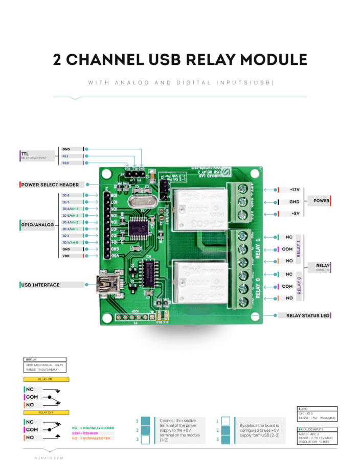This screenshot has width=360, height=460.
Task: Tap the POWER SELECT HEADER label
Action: coord(50,184)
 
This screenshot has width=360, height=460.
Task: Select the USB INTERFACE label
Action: coord(40,285)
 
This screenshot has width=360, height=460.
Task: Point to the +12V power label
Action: coord(294,189)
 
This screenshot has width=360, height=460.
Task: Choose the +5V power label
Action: coord(294,214)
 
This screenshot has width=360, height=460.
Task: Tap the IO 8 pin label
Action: coord(66,195)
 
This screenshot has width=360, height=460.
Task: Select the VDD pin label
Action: coord(66,256)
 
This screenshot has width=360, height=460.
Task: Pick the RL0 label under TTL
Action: coord(65,163)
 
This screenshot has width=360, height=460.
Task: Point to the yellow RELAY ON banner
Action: coord(46,380)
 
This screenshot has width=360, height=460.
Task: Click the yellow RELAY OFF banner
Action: coord(46,412)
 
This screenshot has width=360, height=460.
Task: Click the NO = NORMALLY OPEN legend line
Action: coord(93,438)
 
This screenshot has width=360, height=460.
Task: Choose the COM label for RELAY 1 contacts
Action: coord(287,249)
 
